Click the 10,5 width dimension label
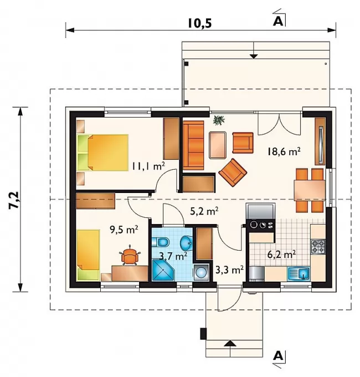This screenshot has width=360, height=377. [x=200, y=24]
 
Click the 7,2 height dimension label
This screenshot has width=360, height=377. [x=14, y=200]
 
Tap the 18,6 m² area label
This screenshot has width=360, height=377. [x=284, y=152]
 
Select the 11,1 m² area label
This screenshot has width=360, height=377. [x=148, y=166]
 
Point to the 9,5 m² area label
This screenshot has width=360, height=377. [x=124, y=230]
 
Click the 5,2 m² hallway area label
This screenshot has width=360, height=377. [x=204, y=211]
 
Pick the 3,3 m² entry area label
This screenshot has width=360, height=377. [x=230, y=270]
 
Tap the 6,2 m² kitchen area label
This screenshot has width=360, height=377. [x=281, y=254]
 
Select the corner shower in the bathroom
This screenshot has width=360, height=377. [x=164, y=270]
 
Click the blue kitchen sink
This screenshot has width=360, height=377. [x=299, y=274]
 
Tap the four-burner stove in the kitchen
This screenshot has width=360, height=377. [x=318, y=247]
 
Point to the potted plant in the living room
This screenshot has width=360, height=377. [x=219, y=120]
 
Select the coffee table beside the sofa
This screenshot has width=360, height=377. [x=218, y=145]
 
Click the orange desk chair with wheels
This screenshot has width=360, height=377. [x=130, y=256]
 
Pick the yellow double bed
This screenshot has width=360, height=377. [x=102, y=152]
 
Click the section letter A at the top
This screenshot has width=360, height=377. [x=278, y=22]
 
